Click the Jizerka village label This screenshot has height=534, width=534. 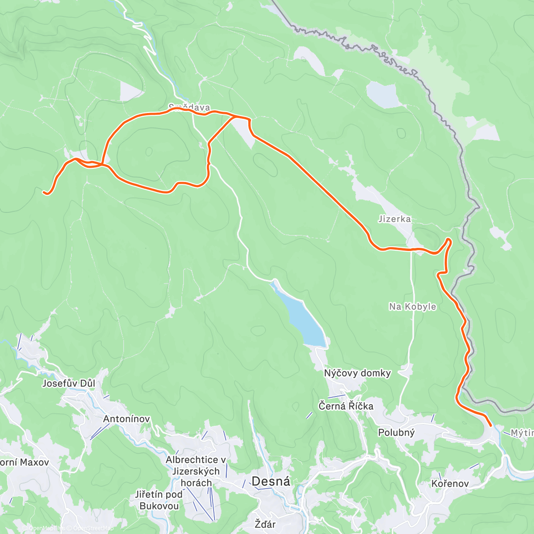pyautogui.click(x=395, y=219)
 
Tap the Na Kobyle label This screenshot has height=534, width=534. pyautogui.click(x=413, y=307)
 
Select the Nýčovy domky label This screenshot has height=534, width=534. pyautogui.click(x=357, y=373)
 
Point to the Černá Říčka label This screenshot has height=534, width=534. pyautogui.click(x=346, y=406)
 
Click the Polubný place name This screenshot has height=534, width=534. pyautogui.click(x=396, y=433)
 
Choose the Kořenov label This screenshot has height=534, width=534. pyautogui.click(x=450, y=483)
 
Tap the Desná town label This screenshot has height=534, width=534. pyautogui.click(x=271, y=481)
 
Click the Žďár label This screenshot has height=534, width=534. pyautogui.click(x=265, y=524)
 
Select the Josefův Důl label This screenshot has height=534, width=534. pyautogui.click(x=69, y=383)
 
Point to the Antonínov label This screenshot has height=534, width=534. pyautogui.click(x=126, y=419)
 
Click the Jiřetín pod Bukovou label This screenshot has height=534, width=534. pyautogui.click(x=159, y=500)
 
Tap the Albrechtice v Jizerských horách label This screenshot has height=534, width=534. pyautogui.click(x=196, y=471)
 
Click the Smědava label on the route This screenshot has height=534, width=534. pyautogui.click(x=189, y=107)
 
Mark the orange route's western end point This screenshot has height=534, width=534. pyautogui.click(x=44, y=192)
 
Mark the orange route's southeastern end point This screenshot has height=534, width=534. pyautogui.click(x=490, y=426)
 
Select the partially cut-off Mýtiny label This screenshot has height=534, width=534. pyautogui.click(x=522, y=433)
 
